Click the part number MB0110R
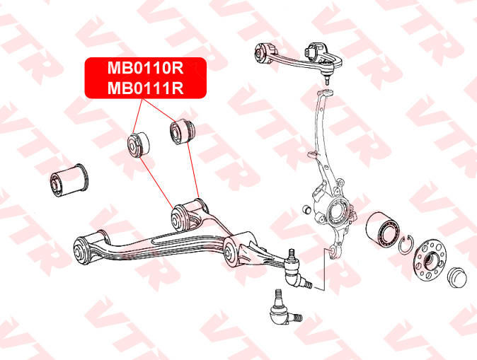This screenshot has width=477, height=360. pos(145,69)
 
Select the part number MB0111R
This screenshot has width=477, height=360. pos(145,88)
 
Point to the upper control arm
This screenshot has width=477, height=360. pos(290,57)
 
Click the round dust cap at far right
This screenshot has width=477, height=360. pos(457,275)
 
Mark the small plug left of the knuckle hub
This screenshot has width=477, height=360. pos(305,209)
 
